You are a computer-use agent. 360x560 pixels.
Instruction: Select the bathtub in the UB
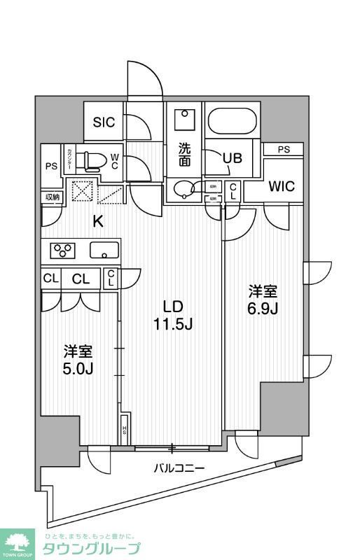click(233, 123)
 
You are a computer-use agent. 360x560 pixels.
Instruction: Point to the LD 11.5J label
click(173, 315)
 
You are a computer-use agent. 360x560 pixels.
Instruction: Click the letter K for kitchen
click(99, 222)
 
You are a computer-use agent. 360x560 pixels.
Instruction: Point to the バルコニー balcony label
click(179, 468)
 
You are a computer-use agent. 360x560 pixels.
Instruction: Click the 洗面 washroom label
click(184, 154)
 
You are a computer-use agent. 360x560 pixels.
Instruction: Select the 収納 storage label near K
click(53, 197)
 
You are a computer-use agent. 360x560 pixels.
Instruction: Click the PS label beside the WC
click(50, 166)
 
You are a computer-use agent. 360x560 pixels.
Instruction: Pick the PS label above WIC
click(283, 149)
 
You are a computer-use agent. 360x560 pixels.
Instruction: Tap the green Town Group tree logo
click(20, 540)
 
